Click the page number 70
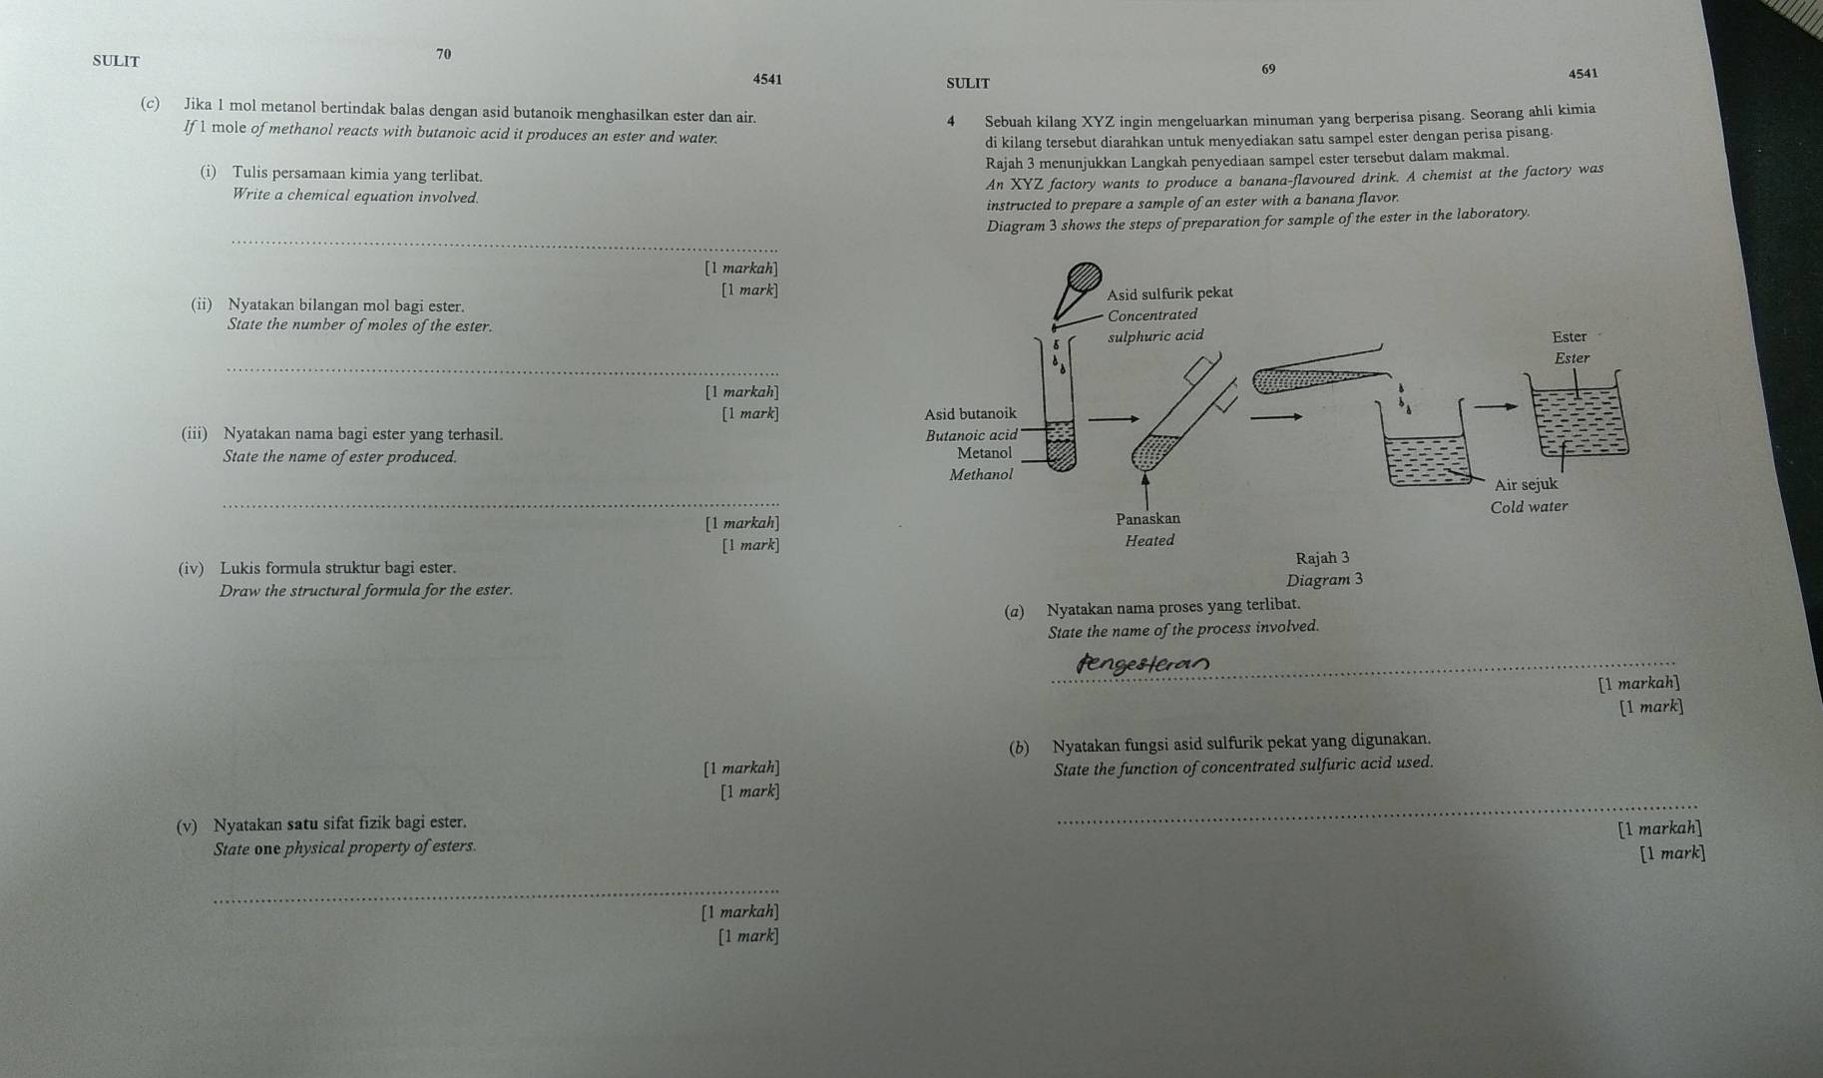(444, 53)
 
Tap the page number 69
(1268, 69)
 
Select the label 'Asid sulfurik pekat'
(1170, 292)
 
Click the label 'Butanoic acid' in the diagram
(971, 435)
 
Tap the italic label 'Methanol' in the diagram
(980, 475)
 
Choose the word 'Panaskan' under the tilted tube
(1147, 519)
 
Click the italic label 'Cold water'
(1529, 507)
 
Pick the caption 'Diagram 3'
(1325, 580)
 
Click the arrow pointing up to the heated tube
(1144, 489)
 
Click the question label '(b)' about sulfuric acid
(1019, 748)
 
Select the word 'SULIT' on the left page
(116, 61)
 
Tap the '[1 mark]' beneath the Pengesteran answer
(1651, 708)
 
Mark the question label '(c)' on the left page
(152, 104)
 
